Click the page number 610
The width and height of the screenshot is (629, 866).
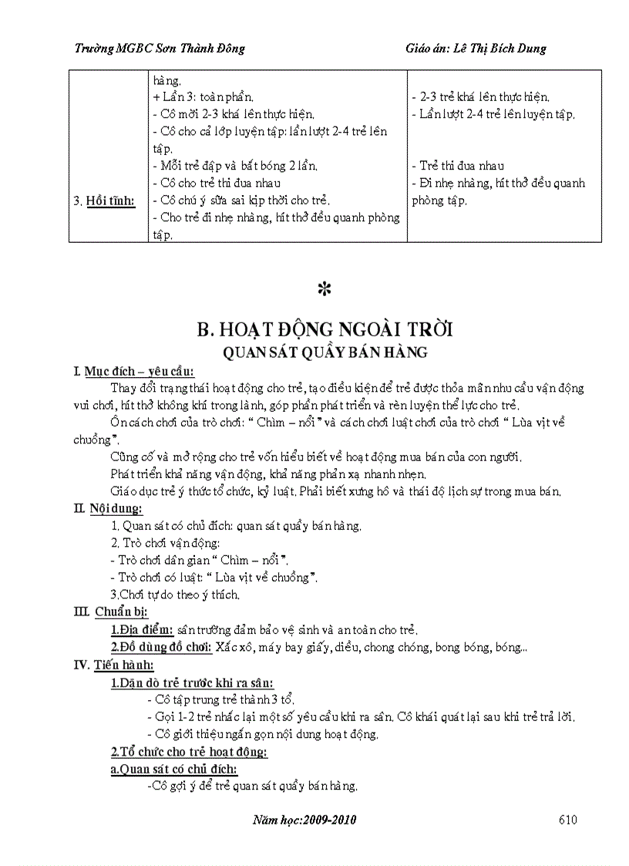pyautogui.click(x=567, y=820)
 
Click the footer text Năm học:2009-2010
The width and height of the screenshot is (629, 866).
pyautogui.click(x=304, y=820)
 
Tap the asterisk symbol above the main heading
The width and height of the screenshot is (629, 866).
pyautogui.click(x=324, y=290)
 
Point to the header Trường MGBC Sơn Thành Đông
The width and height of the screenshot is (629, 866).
pyautogui.click(x=160, y=49)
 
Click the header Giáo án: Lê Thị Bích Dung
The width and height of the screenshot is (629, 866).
pyautogui.click(x=476, y=49)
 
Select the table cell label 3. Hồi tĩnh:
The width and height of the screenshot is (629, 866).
pyautogui.click(x=104, y=201)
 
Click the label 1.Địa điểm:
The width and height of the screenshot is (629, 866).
pyautogui.click(x=143, y=629)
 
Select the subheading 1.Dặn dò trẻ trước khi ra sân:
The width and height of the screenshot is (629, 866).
pyautogui.click(x=192, y=682)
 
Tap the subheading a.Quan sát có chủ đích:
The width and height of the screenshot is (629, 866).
pyautogui.click(x=174, y=769)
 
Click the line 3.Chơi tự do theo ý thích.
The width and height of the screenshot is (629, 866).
pyautogui.click(x=176, y=595)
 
